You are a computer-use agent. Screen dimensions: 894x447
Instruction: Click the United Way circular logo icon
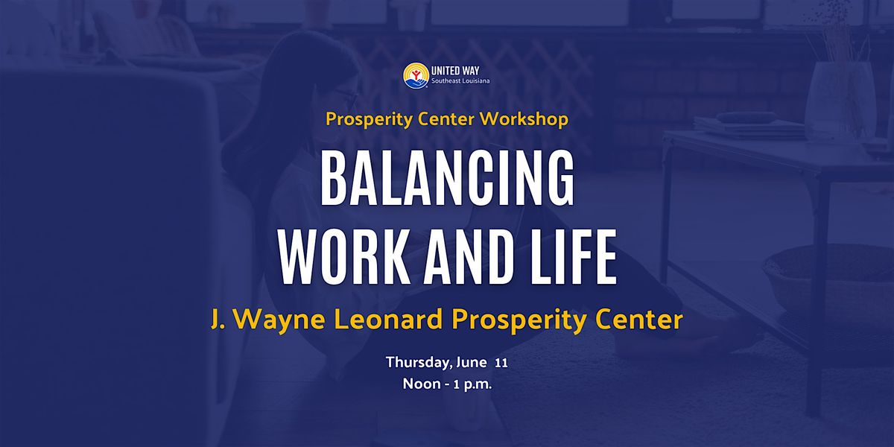click(416, 75)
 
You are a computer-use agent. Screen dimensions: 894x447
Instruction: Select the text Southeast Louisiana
click(460, 81)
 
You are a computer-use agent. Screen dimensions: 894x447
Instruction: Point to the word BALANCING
click(448, 179)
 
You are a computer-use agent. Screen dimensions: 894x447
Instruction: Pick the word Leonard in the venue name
click(387, 320)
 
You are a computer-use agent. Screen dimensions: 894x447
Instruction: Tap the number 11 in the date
click(501, 364)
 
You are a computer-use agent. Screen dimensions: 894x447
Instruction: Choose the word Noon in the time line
click(422, 384)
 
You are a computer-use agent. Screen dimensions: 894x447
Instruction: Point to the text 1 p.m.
click(472, 384)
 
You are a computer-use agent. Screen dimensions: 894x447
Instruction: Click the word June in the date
click(471, 362)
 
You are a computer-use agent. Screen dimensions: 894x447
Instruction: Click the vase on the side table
click(840, 100)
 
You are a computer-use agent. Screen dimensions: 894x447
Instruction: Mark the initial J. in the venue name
click(218, 320)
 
